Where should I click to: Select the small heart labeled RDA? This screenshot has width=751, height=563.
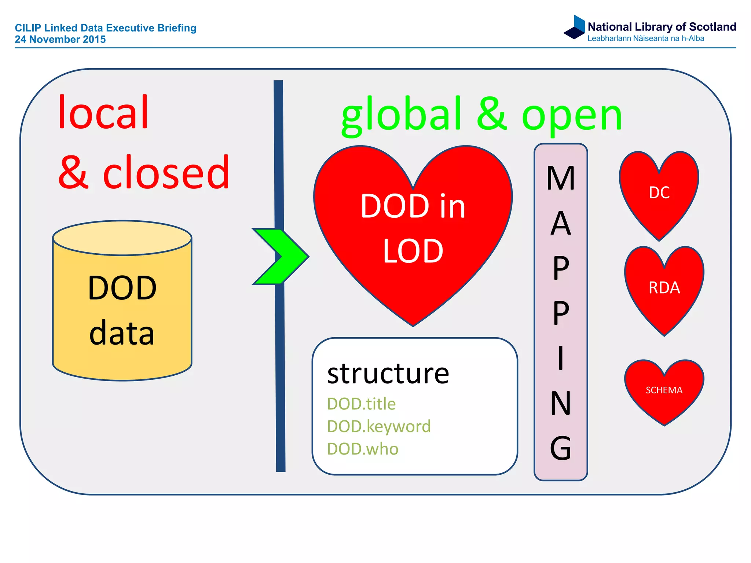click(x=664, y=288)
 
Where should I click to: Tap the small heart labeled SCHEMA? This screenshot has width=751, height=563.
click(x=664, y=390)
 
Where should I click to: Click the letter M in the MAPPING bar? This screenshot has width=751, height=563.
click(x=560, y=179)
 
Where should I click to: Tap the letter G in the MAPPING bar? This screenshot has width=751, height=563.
click(x=560, y=448)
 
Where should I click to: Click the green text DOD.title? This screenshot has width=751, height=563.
click(x=361, y=404)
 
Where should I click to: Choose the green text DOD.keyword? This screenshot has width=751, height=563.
click(x=379, y=426)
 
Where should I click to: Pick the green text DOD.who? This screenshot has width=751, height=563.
click(x=362, y=449)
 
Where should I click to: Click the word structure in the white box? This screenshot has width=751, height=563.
click(x=388, y=374)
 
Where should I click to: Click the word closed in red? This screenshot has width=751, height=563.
click(x=166, y=172)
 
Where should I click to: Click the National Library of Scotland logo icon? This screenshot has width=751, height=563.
click(x=575, y=27)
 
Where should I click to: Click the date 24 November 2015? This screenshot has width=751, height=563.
click(x=60, y=39)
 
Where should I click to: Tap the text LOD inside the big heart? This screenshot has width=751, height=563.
click(x=413, y=251)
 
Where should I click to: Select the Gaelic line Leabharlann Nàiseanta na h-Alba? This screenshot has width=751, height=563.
click(x=645, y=38)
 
